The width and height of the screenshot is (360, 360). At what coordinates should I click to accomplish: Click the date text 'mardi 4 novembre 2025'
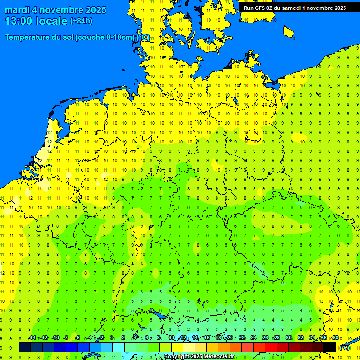pos(55,10)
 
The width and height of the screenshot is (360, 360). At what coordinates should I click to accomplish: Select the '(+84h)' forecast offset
pos(81,21)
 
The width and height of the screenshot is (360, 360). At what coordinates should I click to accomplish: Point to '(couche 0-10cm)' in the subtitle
pos(105,37)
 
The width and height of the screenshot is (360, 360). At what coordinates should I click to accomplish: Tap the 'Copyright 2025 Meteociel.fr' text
pos(199,357)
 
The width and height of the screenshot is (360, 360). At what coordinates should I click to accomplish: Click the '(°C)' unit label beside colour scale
pos(345,348)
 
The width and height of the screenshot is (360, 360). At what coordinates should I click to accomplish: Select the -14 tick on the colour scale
pos(31,338)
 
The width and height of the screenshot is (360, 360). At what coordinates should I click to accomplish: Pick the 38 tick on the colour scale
pos(335,338)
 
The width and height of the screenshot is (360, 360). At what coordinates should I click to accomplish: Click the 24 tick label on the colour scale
pos(254,338)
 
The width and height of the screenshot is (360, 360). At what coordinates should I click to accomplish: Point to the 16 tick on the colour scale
pos(207,338)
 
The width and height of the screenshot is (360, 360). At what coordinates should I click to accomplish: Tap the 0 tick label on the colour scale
pos(112,338)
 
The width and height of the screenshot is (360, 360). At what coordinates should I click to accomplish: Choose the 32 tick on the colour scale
pos(300,338)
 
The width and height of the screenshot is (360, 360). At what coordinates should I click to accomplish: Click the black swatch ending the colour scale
pos(330,347)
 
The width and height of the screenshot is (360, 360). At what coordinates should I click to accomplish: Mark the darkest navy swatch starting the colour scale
pos(25,347)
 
